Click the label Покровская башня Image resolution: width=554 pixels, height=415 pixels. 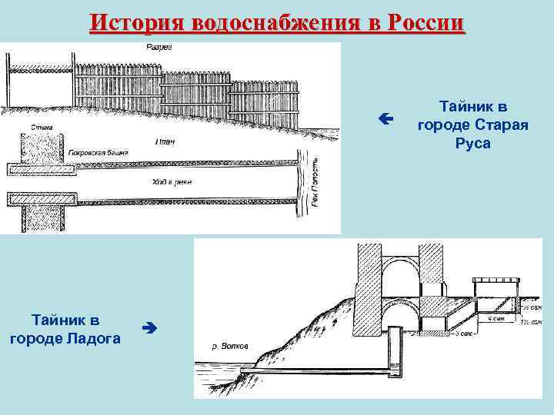click(x=98, y=153)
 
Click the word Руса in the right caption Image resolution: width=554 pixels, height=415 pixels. click(x=472, y=144)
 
